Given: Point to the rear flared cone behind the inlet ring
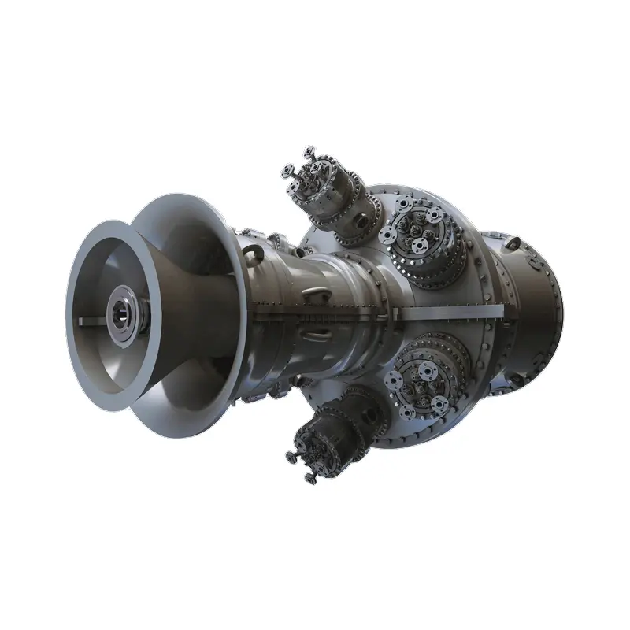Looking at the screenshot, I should click(x=197, y=236).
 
